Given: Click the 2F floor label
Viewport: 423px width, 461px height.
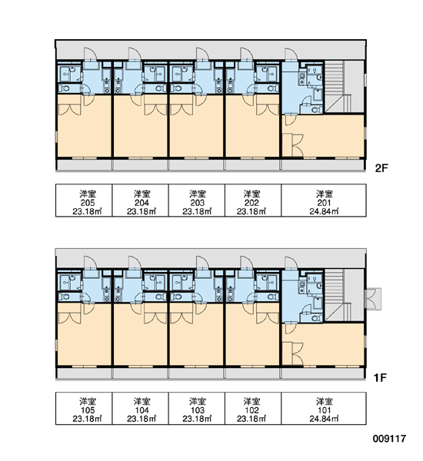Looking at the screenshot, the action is pyautogui.click(x=381, y=168).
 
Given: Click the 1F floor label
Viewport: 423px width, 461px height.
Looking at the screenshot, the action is pyautogui.click(x=380, y=377).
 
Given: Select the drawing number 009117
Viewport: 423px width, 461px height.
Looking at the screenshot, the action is pyautogui.click(x=389, y=439).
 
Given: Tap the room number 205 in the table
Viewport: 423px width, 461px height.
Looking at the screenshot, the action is pyautogui.click(x=88, y=203).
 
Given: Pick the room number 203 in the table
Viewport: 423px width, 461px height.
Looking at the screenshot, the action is pyautogui.click(x=197, y=203).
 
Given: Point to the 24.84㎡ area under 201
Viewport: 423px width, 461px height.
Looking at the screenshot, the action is pyautogui.click(x=324, y=211).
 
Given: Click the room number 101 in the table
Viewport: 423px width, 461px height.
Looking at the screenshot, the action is pyautogui.click(x=324, y=410).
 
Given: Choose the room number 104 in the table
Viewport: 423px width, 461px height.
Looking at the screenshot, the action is pyautogui.click(x=142, y=410).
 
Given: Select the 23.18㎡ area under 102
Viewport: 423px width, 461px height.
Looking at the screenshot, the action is pyautogui.click(x=251, y=419).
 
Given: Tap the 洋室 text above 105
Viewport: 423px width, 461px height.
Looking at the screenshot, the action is pyautogui.click(x=88, y=401).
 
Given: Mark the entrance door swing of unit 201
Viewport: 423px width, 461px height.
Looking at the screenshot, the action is pyautogui.click(x=291, y=55).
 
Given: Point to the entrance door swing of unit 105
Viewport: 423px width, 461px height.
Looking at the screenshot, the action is pyautogui.click(x=91, y=263).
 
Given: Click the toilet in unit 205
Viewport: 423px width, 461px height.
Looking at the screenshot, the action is pyautogui.click(x=65, y=88).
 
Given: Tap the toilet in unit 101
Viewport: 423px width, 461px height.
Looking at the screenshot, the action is pyautogui.click(x=315, y=318).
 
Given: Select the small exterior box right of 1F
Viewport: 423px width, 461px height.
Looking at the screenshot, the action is pyautogui.click(x=373, y=299).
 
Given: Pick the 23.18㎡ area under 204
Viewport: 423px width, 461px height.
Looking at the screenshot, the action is pyautogui.click(x=142, y=211).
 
